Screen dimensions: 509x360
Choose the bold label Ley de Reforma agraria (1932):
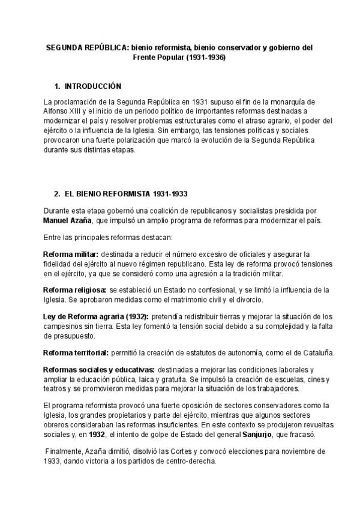96,316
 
